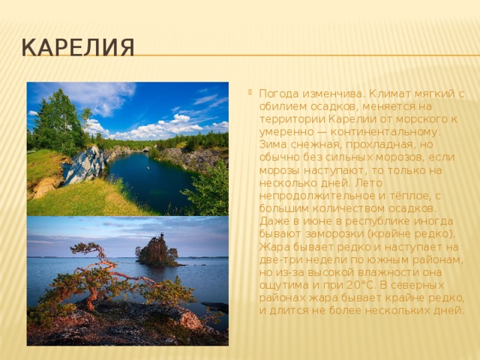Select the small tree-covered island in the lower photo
click(157, 251)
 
